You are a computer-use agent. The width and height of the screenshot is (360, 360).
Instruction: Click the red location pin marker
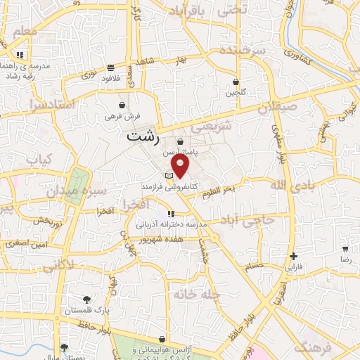[x=181, y=166]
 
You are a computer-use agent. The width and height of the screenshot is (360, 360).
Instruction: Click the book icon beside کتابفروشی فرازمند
[x=167, y=175]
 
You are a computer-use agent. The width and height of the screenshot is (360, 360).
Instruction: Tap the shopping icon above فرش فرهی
[x=123, y=104]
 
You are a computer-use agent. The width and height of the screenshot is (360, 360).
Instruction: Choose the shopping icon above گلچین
[x=236, y=82]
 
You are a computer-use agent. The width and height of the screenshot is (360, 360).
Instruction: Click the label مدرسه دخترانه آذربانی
[x=170, y=224]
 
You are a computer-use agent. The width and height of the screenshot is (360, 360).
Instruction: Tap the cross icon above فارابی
[x=293, y=257]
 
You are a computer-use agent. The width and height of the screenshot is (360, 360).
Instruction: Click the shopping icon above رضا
[x=345, y=249]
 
